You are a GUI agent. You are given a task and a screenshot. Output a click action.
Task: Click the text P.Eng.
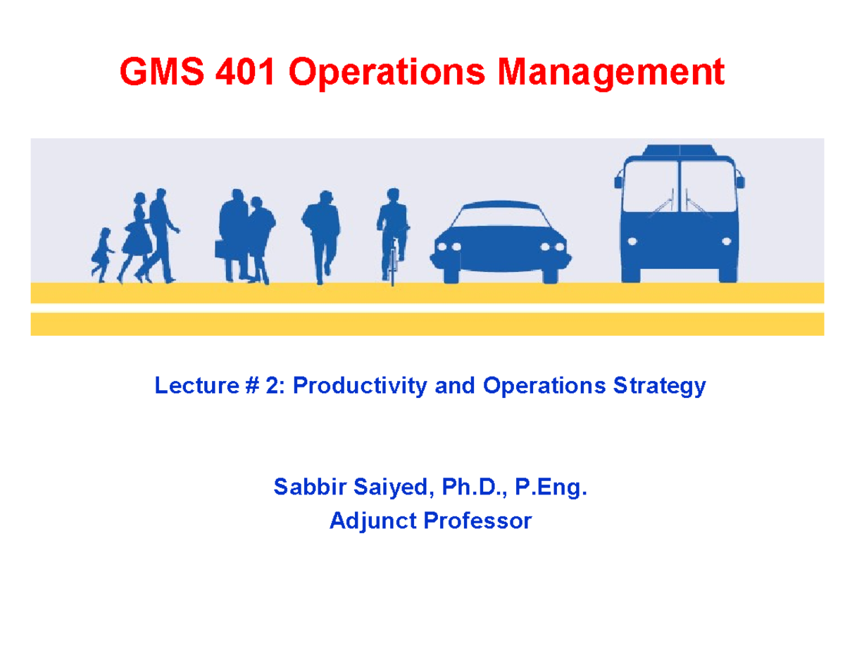pos(551,487)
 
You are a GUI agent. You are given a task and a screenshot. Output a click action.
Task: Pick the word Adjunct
pos(371,521)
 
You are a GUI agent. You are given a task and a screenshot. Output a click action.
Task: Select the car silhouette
pos(494,243)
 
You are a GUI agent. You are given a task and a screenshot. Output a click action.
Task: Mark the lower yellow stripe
pos(427,323)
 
